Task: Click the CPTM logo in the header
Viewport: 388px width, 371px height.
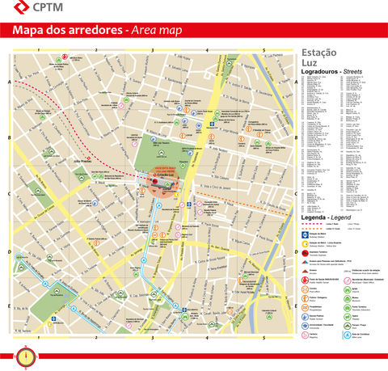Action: click(x=30, y=10)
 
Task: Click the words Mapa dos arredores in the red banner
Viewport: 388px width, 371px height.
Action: click(x=68, y=32)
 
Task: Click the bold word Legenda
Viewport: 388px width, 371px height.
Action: click(x=314, y=218)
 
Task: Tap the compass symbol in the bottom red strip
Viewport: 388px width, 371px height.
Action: click(x=27, y=353)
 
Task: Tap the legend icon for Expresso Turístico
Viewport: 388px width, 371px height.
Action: click(x=305, y=252)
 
